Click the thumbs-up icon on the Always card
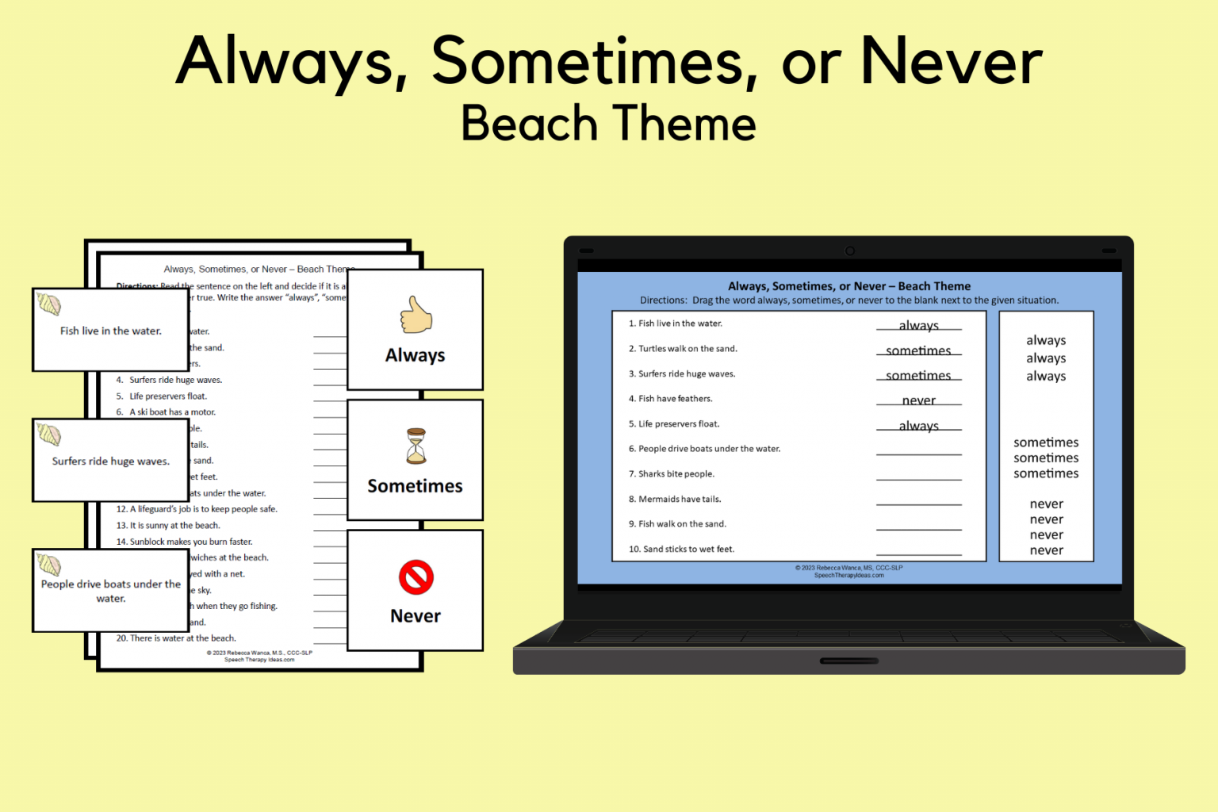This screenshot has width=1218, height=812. point(416,315)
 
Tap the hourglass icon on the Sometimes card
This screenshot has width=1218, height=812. point(416,446)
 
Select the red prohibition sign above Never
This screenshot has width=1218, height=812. point(416,577)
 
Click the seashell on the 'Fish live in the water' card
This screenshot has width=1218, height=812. point(49,304)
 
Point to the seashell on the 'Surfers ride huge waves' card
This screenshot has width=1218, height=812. point(49,435)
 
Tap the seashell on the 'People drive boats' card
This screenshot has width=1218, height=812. point(49,565)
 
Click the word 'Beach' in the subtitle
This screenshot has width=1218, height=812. point(529,124)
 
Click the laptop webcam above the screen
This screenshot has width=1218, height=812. point(849,251)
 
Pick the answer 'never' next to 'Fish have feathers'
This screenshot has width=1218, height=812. point(918,400)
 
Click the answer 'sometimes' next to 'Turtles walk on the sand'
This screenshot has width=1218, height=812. point(918,350)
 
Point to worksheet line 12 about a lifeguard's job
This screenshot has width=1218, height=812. point(197,509)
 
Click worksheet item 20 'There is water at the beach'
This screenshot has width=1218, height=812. point(176,638)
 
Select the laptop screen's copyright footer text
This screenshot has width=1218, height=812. point(848,571)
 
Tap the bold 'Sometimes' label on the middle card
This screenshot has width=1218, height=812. point(415,486)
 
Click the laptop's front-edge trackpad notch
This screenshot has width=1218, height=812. point(848,661)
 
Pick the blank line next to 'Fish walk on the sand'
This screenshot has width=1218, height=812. point(918,528)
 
